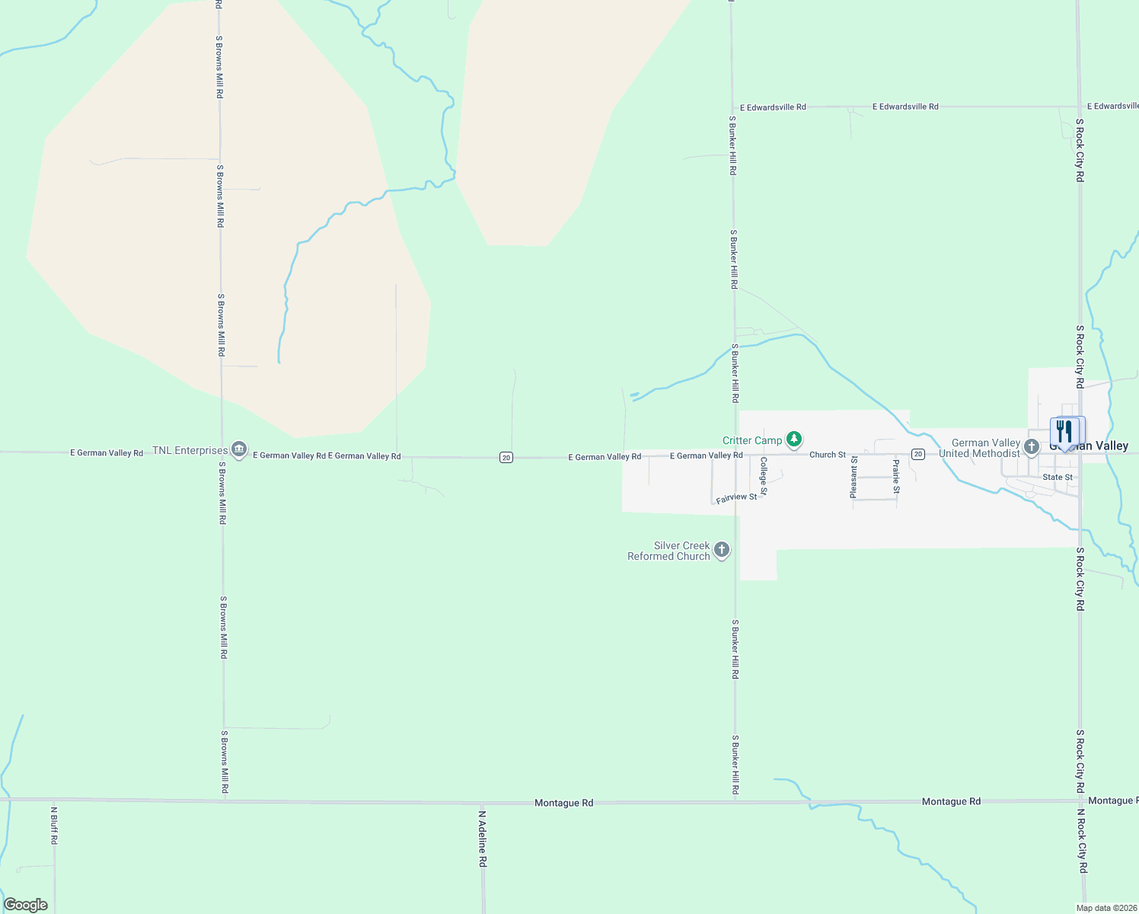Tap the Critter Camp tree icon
794,439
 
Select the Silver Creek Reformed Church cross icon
722,550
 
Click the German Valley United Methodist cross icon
1032,447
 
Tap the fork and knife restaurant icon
1064,432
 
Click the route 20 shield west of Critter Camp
506,457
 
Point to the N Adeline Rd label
482,838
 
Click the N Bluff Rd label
54,826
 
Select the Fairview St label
736,497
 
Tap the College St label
764,475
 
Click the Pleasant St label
853,478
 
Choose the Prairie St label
896,476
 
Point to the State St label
1058,478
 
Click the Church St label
828,455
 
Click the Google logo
26,905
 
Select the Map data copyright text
1105,908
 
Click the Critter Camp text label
751,440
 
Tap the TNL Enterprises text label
190,450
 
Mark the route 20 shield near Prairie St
918,454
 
